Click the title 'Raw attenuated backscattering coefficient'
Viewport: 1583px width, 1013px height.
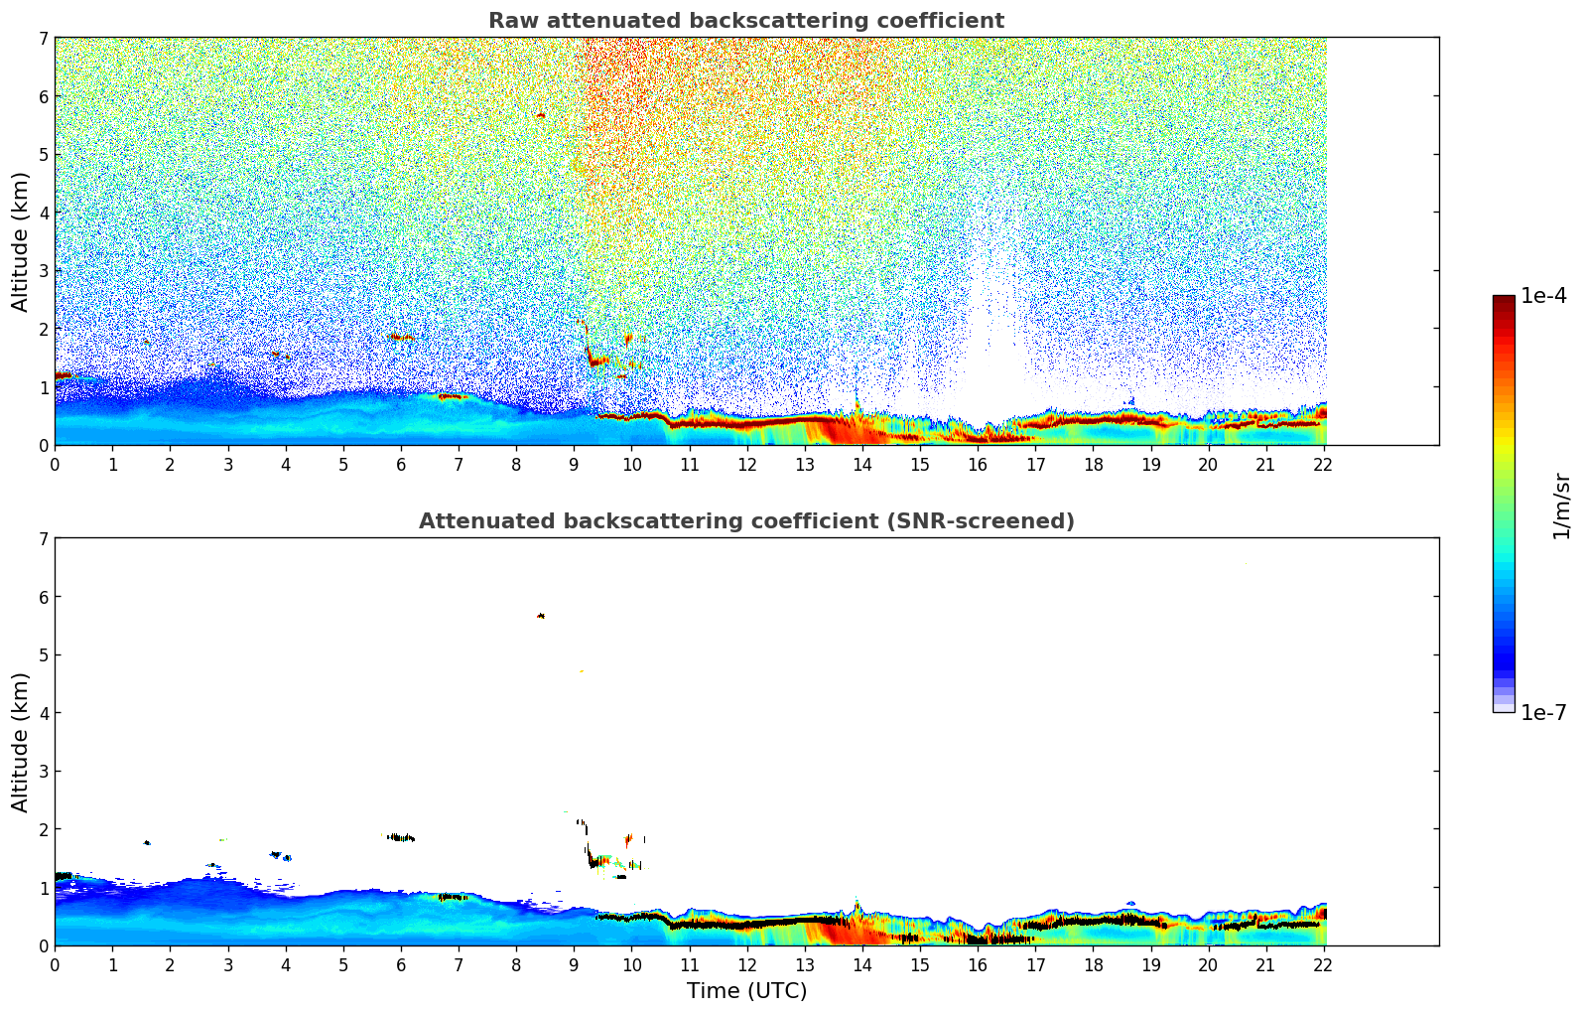click(x=745, y=21)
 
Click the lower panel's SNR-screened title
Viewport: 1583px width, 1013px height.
click(x=745, y=521)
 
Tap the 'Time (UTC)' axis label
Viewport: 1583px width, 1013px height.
click(x=746, y=991)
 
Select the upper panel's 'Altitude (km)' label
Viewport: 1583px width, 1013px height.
click(x=20, y=241)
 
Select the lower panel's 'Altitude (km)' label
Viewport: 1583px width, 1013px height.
click(x=20, y=742)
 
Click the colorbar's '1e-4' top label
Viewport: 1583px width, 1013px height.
click(x=1543, y=296)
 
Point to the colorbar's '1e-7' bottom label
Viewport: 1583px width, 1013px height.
click(x=1543, y=713)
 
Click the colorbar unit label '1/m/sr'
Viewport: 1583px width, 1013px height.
click(x=1561, y=506)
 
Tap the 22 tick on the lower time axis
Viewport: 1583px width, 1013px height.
click(x=1323, y=964)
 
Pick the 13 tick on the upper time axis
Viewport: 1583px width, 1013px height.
click(x=804, y=464)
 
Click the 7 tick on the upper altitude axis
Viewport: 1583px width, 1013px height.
click(x=43, y=38)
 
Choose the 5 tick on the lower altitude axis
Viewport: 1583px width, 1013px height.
click(x=43, y=655)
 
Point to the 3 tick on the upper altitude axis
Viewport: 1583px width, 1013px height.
click(x=43, y=271)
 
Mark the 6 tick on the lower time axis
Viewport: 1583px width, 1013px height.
click(x=401, y=964)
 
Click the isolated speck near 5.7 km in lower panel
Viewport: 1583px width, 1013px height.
click(x=541, y=616)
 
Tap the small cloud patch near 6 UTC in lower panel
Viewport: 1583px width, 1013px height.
click(x=400, y=837)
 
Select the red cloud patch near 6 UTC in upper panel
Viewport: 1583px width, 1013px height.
click(x=401, y=338)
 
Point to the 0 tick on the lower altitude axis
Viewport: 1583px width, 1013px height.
click(x=43, y=946)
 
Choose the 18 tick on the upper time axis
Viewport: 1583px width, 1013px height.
click(x=1093, y=464)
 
